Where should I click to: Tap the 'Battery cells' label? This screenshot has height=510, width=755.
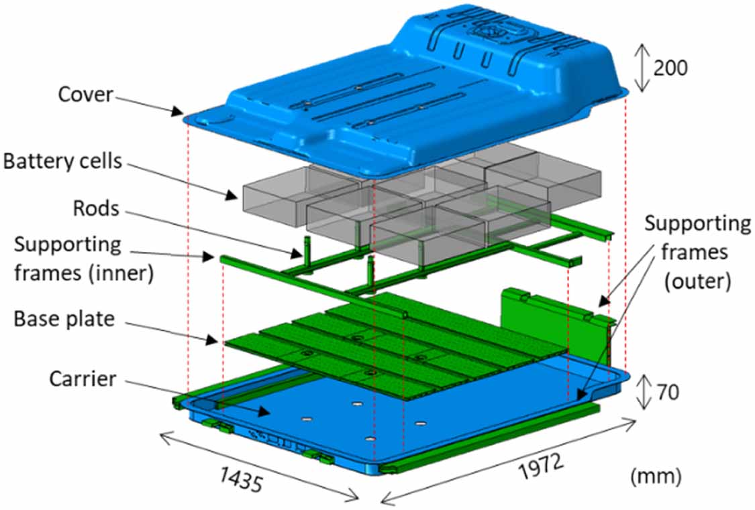(x=62, y=162)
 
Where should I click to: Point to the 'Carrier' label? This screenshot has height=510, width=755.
(x=83, y=379)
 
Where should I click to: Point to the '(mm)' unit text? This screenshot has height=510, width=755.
(x=656, y=476)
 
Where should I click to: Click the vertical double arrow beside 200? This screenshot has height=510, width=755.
(x=642, y=68)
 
